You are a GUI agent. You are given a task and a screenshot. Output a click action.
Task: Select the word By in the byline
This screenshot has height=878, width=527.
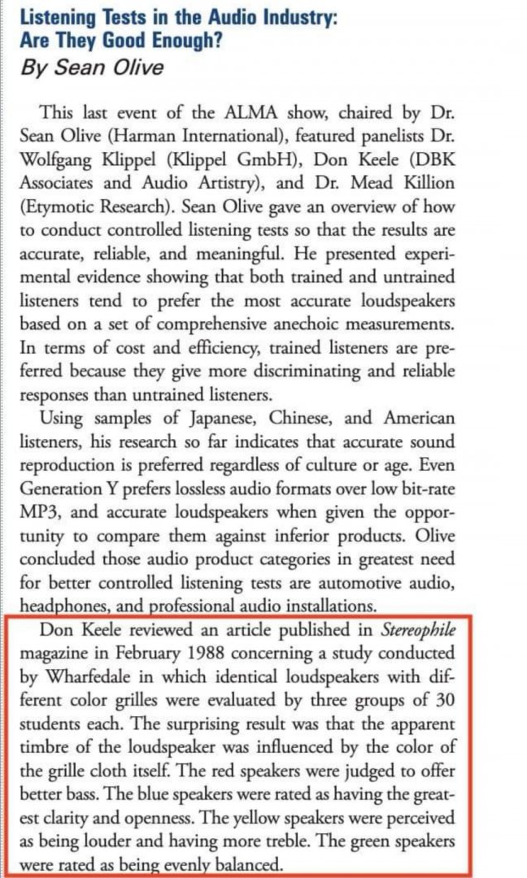coord(35,67)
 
